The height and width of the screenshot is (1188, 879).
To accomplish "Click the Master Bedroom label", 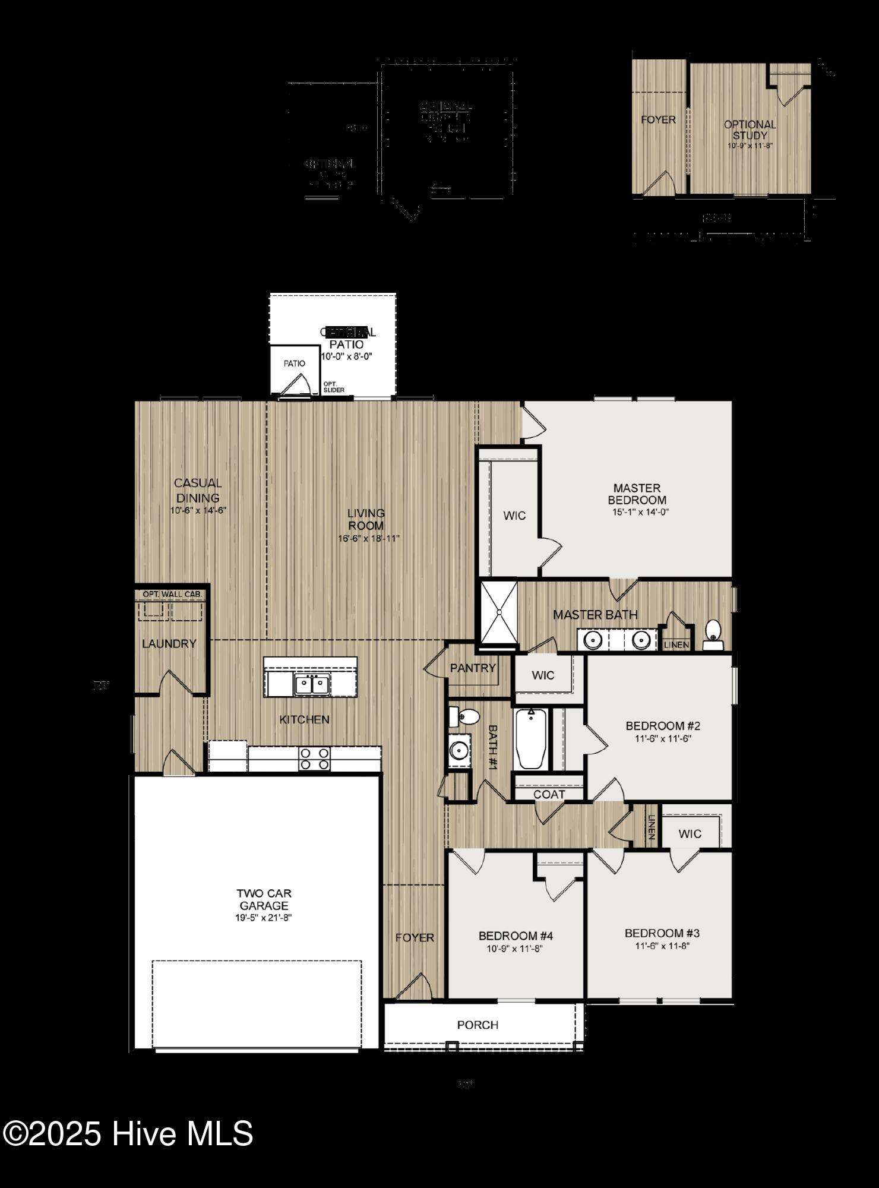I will click(x=636, y=494).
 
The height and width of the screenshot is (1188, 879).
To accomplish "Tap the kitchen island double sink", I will click(x=312, y=684).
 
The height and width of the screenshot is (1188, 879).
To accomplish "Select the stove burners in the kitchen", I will click(x=314, y=759).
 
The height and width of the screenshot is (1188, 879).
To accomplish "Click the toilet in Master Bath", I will click(x=712, y=634).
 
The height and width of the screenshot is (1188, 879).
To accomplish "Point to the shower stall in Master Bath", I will click(x=499, y=612).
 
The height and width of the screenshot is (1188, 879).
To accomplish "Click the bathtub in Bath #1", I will click(x=531, y=738).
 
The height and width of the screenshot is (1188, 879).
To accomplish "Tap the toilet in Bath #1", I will click(x=464, y=717).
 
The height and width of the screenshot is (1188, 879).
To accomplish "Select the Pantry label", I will click(x=473, y=668).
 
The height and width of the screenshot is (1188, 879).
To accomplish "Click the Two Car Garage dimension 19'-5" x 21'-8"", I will click(x=264, y=918).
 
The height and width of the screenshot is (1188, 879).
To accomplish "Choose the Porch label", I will click(x=478, y=1025).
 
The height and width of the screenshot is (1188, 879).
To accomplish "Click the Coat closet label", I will click(x=549, y=794).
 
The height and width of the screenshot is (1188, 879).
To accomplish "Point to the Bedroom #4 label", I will click(x=516, y=936).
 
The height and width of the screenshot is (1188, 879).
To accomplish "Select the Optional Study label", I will click(x=750, y=129).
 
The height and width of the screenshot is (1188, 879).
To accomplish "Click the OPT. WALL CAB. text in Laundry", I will click(x=172, y=594).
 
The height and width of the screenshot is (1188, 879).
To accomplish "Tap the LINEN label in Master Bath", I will click(x=676, y=644).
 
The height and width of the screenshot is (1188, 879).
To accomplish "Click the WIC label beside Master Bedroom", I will click(x=514, y=516).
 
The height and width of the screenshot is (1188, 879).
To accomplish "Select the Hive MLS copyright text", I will click(x=128, y=1133).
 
